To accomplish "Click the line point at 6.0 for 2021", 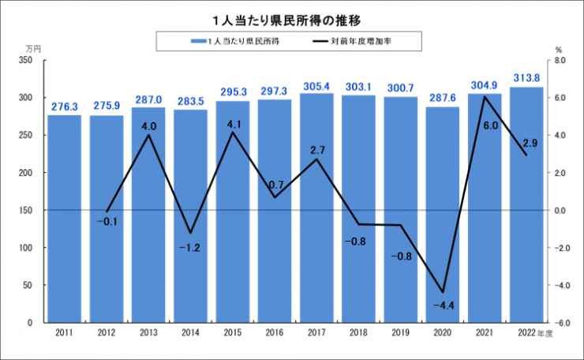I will click(x=484, y=97).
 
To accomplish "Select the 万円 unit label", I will click(x=32, y=47).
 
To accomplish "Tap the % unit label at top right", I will click(x=557, y=47).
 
